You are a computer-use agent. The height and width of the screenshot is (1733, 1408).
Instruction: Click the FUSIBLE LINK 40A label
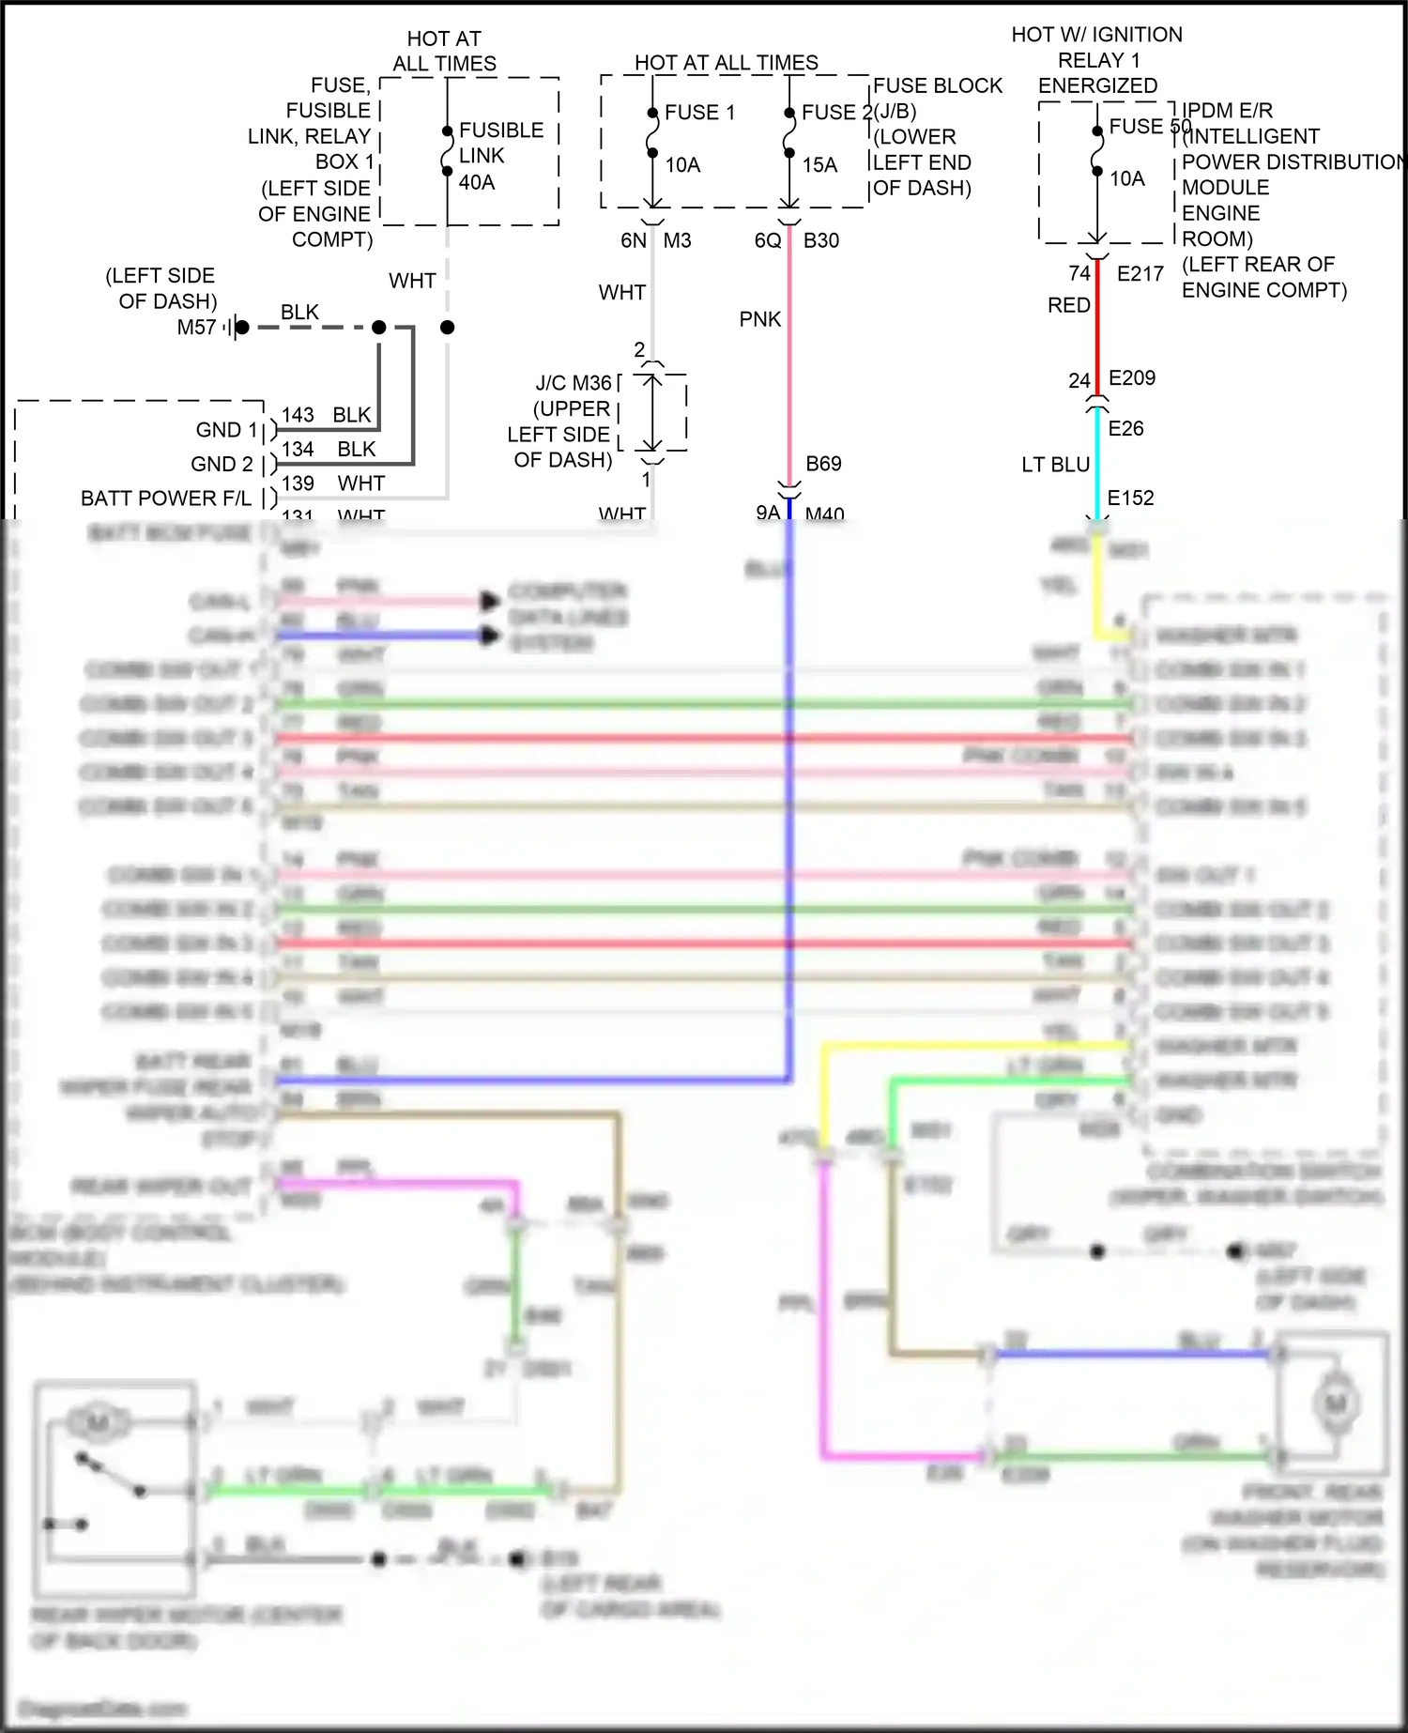pos(499,156)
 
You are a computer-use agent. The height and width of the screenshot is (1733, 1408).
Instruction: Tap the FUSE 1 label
pos(699,113)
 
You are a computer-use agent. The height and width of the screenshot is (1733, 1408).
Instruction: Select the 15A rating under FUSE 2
pos(819,165)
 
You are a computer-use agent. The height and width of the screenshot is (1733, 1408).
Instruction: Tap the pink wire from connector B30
pos(789,357)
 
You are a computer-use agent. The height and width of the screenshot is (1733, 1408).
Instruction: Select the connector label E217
pos(1140,274)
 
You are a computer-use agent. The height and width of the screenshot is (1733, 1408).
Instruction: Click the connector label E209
pos(1131,378)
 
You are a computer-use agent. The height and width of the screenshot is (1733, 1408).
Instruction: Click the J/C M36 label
pos(574,384)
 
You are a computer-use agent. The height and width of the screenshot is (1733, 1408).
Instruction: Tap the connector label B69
pos(823,464)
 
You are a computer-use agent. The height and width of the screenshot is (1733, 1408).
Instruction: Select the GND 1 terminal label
pos(226,430)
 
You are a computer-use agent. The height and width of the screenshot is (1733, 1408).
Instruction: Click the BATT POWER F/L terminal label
pos(166,498)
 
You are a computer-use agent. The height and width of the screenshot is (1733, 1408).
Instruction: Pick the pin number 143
pos(298,415)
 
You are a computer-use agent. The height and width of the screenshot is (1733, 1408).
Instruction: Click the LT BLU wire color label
pos(1055,465)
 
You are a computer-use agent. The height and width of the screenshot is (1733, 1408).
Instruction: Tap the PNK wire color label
pos(759,320)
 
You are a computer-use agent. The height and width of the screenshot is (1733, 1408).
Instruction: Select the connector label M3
pos(677,241)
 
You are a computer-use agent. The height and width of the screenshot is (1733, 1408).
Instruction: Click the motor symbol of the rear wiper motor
pos(99,1423)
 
